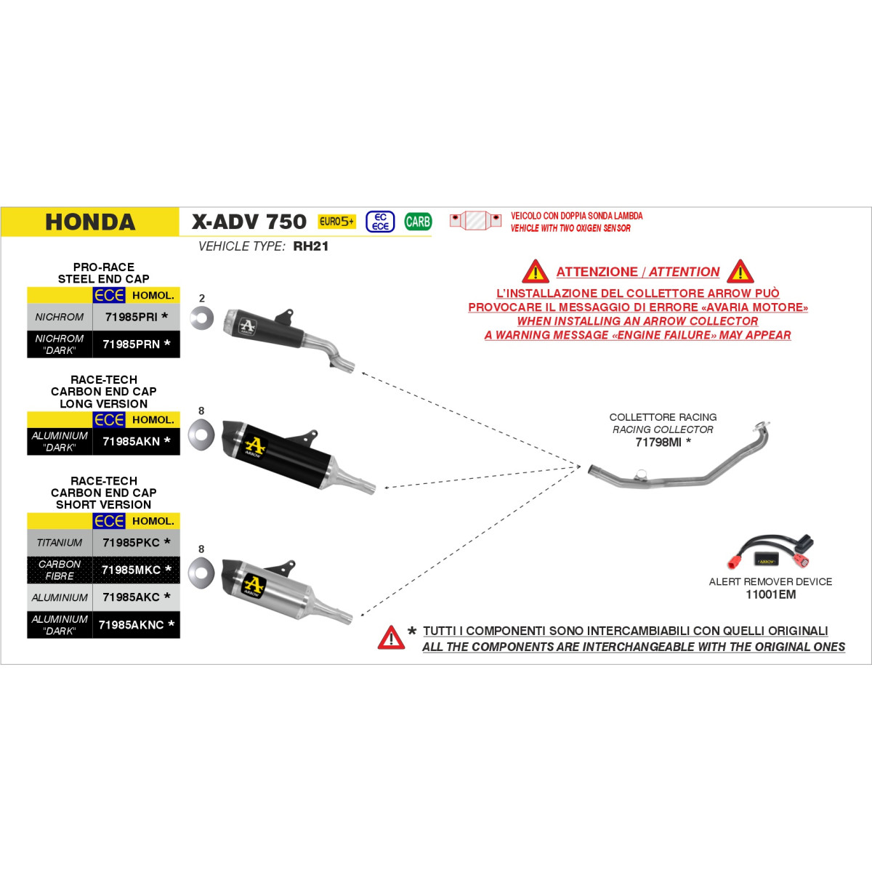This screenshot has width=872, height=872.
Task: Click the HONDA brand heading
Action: tap(91, 222)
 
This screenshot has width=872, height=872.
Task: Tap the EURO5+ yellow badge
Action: tap(336, 222)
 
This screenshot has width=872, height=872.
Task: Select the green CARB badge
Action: tap(418, 222)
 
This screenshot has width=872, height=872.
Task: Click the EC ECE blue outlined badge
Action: tap(380, 222)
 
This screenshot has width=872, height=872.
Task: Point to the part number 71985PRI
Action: tap(132, 318)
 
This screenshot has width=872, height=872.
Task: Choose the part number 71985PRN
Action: tap(132, 344)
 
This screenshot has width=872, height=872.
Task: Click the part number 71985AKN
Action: tap(132, 441)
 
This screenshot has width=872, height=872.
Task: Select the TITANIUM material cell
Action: tap(60, 543)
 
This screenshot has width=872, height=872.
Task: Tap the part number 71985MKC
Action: tap(132, 570)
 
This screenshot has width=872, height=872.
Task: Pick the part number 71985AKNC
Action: tap(132, 625)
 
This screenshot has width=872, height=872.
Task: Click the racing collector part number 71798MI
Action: tap(658, 442)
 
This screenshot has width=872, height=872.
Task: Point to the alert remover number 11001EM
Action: tap(771, 594)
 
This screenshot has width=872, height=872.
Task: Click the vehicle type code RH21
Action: tap(311, 246)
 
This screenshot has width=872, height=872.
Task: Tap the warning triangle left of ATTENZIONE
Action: tap(536, 272)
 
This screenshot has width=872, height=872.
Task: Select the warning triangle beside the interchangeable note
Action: tap(391, 637)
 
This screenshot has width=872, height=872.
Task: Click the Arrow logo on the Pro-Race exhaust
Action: tap(248, 326)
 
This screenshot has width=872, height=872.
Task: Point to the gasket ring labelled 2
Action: tap(202, 318)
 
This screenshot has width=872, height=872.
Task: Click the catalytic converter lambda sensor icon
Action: tap(475, 220)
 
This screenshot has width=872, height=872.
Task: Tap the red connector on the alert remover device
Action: tap(733, 562)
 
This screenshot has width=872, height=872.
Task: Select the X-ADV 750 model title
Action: tap(249, 222)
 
